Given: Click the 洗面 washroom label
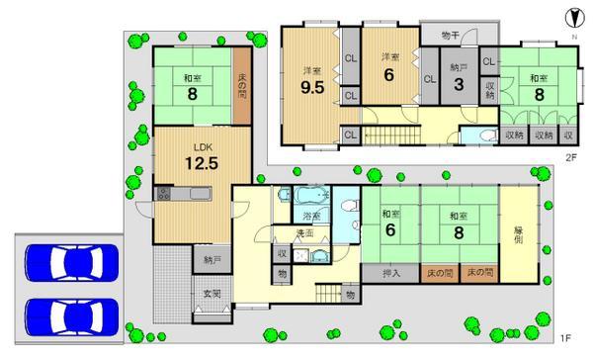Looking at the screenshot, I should coord(304,233).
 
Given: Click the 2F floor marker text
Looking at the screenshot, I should coord(570,157).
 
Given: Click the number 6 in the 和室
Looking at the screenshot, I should coord(387,229).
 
